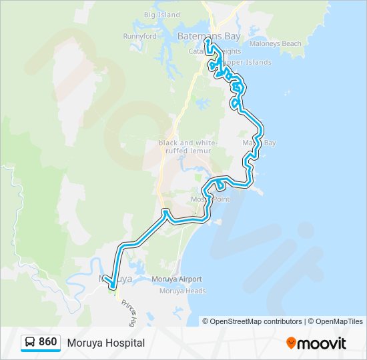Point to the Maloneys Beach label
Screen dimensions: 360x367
pos(275,44)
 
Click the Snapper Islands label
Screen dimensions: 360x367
pos(250,63)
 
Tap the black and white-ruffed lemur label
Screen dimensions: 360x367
pos(185,147)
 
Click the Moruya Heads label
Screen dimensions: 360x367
pos(182,291)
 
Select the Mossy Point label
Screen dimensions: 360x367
pos(210,199)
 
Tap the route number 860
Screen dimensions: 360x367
pos(47,342)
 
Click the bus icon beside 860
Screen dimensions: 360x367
pos(31,343)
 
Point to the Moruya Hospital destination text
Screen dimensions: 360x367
pos(105,343)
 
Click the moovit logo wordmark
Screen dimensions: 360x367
pos(322,343)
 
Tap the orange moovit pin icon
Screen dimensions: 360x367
pos(291,343)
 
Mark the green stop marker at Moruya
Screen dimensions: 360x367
pos(112,289)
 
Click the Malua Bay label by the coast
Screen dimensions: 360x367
pos(259,143)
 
